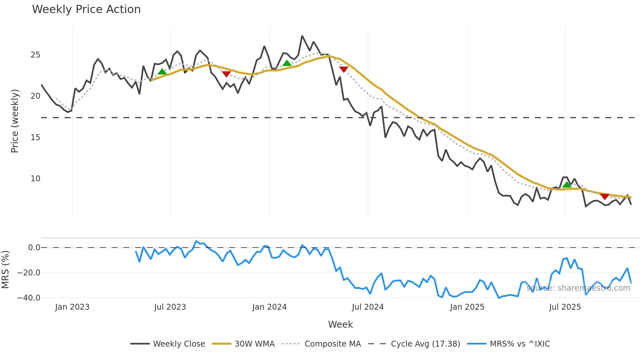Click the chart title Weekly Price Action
86,9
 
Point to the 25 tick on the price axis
35,55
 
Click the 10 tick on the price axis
35,179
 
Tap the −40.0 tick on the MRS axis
29,298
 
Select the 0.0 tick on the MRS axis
34,248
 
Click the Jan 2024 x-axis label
269,307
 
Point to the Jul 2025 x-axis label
565,307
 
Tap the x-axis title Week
340,324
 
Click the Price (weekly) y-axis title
15,121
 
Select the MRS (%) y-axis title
5,270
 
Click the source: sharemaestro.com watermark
578,288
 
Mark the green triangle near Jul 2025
567,185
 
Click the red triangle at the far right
604,196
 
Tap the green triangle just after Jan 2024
287,63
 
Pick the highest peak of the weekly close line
302,36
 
